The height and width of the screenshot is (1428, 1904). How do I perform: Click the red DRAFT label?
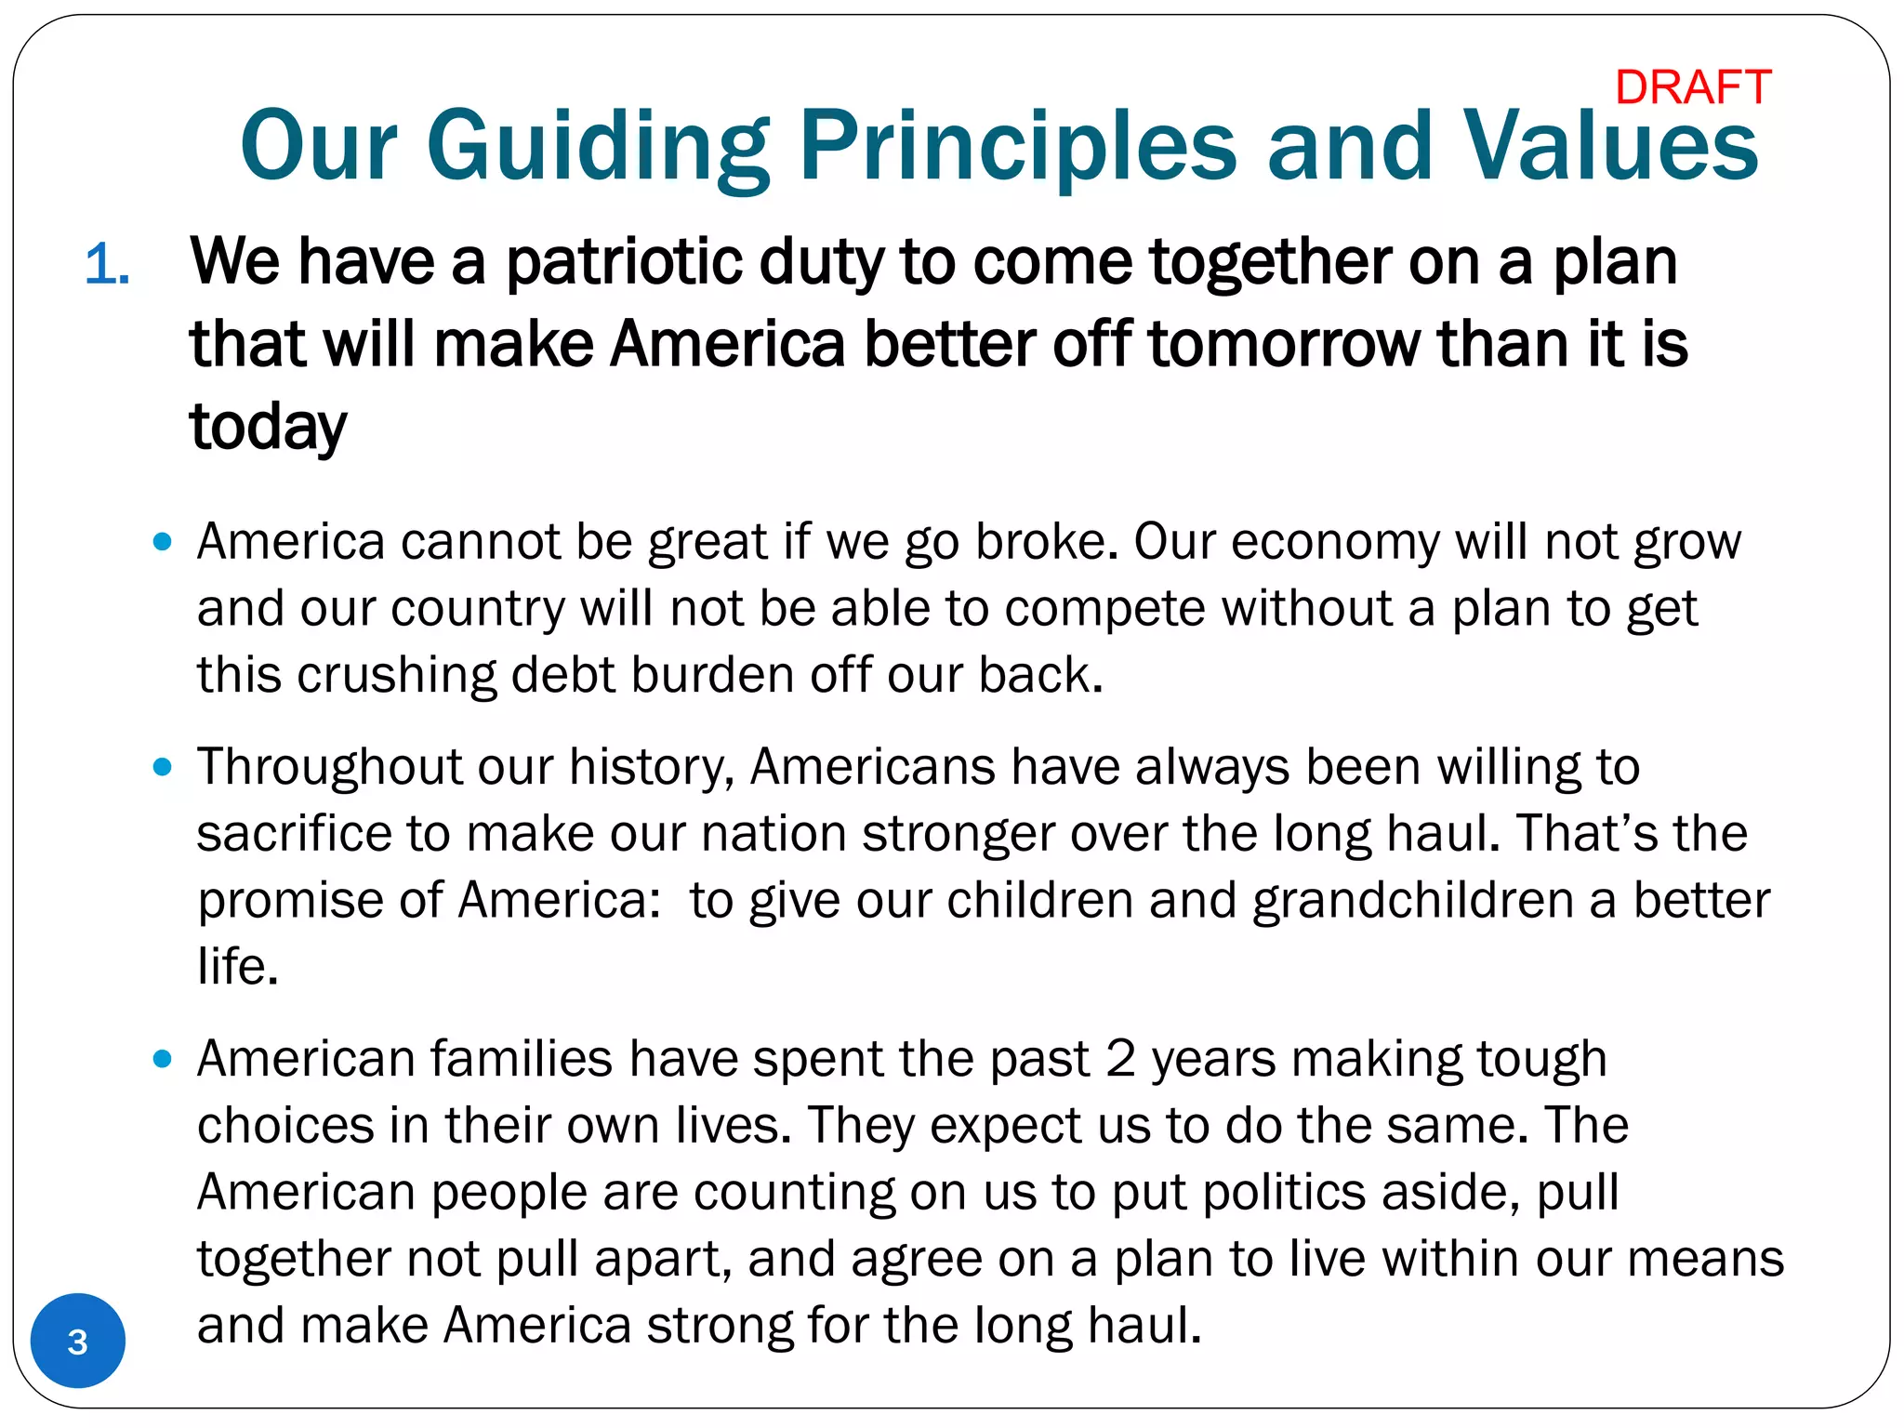pos(1693,88)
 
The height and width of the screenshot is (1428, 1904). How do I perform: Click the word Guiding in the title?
pos(598,146)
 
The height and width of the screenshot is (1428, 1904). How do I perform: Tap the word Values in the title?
pos(1610,146)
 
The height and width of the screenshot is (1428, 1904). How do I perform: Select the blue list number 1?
pos(106,265)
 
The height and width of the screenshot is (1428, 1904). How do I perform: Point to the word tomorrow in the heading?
pos(1285,344)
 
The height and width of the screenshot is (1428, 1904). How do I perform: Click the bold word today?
pos(268,428)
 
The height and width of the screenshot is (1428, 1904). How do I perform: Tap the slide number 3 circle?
pos(78,1341)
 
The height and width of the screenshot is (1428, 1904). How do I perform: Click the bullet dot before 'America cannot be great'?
pos(163,541)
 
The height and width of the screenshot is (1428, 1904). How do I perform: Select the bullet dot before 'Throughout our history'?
pos(163,767)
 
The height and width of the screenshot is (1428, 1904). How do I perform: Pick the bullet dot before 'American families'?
pos(163,1059)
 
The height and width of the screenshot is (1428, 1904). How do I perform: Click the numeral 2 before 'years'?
pos(1120,1059)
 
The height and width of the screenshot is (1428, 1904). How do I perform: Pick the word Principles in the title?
pos(1018,146)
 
